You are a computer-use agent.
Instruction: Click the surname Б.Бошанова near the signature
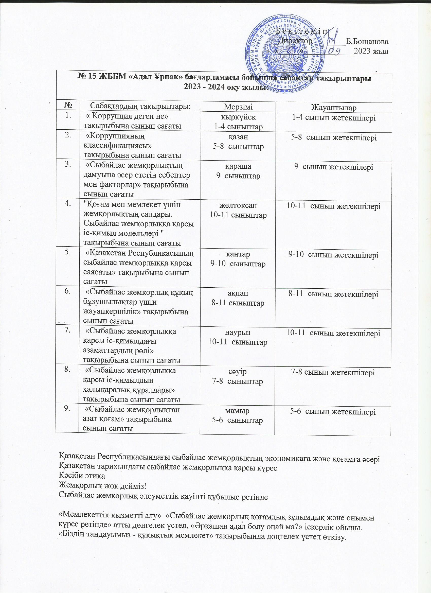[367, 42]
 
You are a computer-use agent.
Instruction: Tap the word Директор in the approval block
[295, 41]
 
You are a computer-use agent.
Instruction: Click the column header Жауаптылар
[333, 108]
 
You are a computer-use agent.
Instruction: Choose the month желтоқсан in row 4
[238, 205]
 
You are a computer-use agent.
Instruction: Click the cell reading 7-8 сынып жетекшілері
[333, 372]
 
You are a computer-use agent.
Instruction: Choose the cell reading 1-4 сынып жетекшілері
[333, 118]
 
